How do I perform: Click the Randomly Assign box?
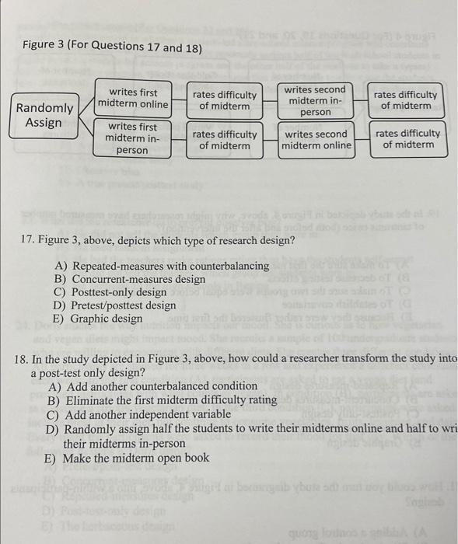click(x=44, y=115)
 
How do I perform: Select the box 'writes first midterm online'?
click(x=133, y=99)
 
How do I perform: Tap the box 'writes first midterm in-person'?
click(x=132, y=138)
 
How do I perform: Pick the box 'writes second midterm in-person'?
click(x=315, y=101)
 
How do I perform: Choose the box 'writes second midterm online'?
click(x=315, y=139)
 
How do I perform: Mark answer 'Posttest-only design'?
click(x=120, y=292)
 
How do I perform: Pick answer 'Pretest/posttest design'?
click(x=124, y=305)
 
